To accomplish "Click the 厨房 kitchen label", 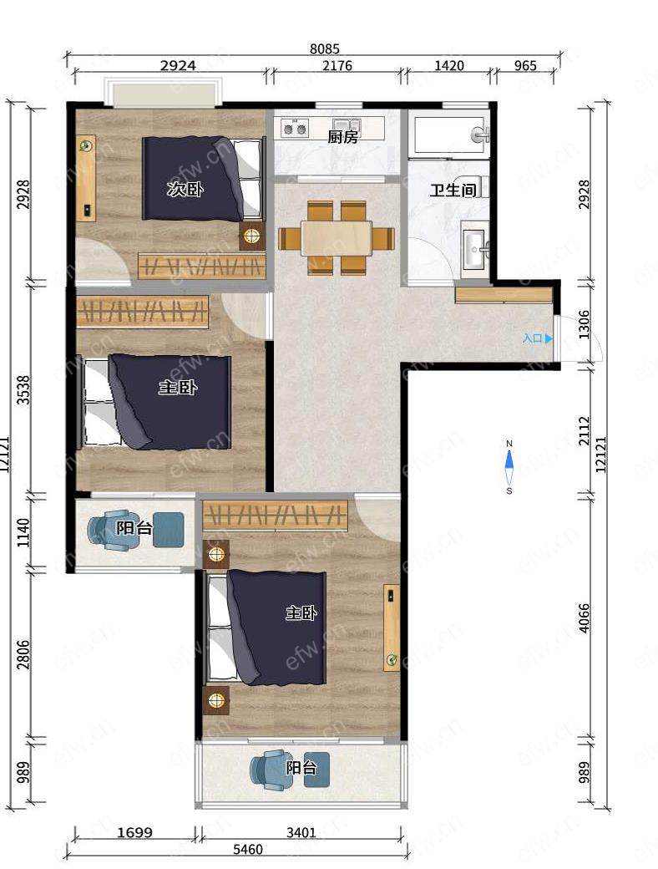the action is coord(343,136).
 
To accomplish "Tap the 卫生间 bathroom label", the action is coord(453,191).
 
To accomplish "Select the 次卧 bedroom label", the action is coord(185,190).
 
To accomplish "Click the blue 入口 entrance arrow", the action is coord(549,338).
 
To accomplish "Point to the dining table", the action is coord(337,238).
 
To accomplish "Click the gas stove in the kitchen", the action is coord(295,130).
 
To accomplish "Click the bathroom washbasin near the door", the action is coord(475,249).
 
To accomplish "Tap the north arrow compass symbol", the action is coord(509,466).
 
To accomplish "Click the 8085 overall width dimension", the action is coord(325,49).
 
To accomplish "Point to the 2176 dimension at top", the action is coord(337,66).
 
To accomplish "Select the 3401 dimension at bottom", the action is coord(301,832).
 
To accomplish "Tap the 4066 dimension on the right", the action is coord(585,618).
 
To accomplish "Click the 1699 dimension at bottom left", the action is coord(135,832).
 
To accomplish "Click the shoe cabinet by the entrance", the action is coord(504,295).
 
